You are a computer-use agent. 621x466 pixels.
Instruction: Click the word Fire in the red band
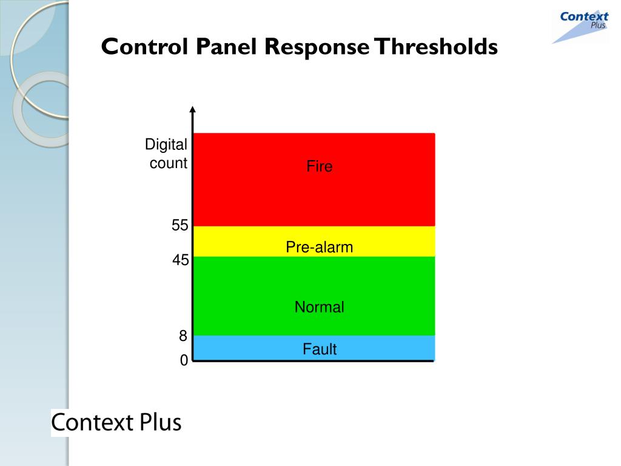pyautogui.click(x=320, y=167)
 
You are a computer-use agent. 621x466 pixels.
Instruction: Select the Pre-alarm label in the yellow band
pyautogui.click(x=320, y=247)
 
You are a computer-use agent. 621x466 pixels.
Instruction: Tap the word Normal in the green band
pyautogui.click(x=320, y=307)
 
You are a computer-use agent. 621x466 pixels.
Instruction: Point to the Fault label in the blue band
pyautogui.click(x=320, y=349)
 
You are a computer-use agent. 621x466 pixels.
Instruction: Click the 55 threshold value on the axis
pyautogui.click(x=180, y=226)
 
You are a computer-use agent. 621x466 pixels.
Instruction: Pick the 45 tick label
pyautogui.click(x=180, y=260)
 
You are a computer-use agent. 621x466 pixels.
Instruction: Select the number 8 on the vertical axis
pyautogui.click(x=183, y=336)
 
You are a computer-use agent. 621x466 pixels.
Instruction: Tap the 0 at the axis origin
pyautogui.click(x=183, y=361)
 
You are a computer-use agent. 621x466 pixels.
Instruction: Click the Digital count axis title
pyautogui.click(x=166, y=154)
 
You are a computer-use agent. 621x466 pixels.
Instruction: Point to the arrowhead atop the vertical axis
pyautogui.click(x=193, y=110)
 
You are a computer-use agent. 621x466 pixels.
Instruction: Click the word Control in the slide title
pyautogui.click(x=144, y=47)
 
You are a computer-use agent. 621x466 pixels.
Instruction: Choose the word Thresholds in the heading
pyautogui.click(x=435, y=47)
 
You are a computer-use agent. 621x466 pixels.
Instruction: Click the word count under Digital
pyautogui.click(x=169, y=163)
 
